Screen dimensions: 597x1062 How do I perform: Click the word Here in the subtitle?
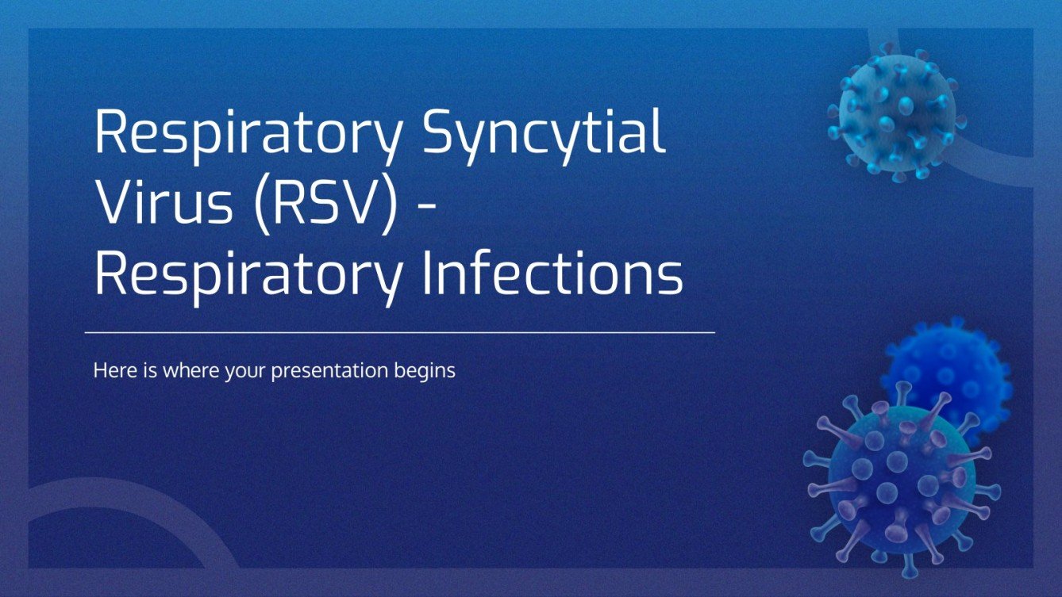[x=112, y=370]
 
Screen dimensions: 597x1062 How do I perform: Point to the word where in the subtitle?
[x=188, y=370]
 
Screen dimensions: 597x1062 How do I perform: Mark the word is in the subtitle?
[x=147, y=370]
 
